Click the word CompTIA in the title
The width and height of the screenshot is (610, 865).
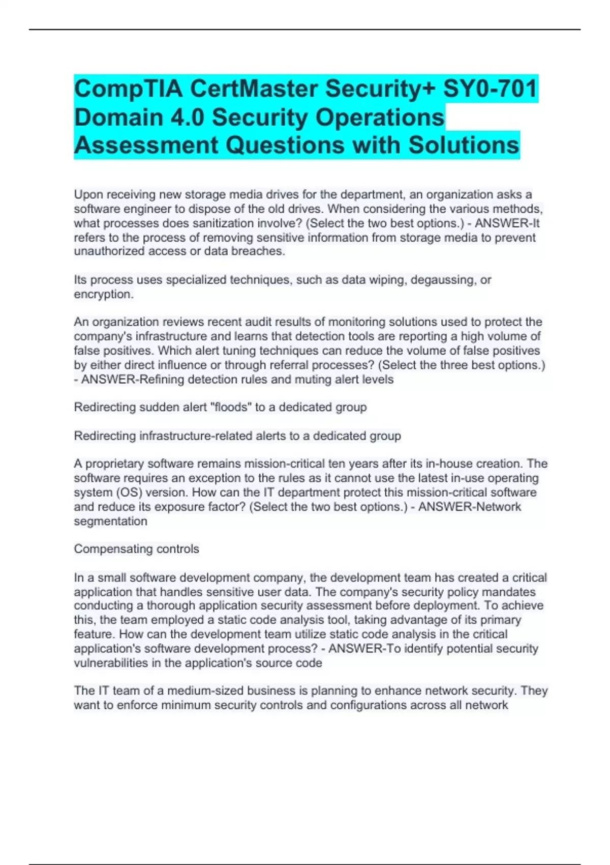coord(128,89)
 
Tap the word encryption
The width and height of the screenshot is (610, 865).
coord(103,294)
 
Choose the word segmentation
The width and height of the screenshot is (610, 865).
coord(110,521)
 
